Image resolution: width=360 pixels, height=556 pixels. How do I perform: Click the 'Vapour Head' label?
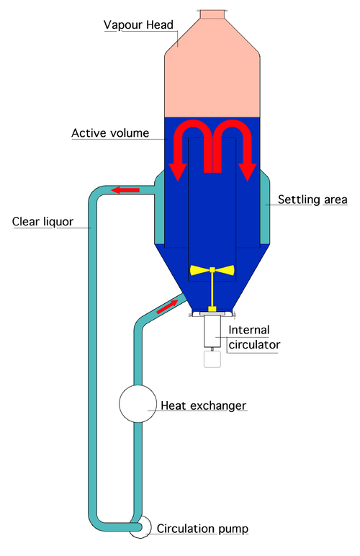click(138, 24)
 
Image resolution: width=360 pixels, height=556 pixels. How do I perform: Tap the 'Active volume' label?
click(110, 133)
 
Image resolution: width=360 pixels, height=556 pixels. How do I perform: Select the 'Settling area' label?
click(312, 199)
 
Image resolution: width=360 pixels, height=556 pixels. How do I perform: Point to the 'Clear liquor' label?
click(42, 222)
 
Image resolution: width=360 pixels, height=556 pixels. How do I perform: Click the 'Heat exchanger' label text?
click(203, 405)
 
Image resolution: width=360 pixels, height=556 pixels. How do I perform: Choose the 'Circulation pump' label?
click(202, 529)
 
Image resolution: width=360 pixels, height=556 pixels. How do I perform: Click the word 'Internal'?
click(249, 330)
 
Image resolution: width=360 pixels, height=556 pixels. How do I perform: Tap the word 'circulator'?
click(254, 345)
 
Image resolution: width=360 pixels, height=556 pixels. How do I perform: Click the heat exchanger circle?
click(138, 403)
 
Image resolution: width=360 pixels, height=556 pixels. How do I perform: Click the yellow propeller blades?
click(212, 270)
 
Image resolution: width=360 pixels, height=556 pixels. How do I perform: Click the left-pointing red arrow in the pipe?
click(125, 190)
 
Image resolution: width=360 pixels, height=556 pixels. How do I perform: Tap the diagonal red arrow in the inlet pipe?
click(167, 306)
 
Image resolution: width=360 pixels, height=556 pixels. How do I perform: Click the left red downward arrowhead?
click(177, 172)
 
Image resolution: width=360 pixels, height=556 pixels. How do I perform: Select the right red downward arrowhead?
click(248, 172)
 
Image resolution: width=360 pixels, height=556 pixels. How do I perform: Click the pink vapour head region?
click(212, 71)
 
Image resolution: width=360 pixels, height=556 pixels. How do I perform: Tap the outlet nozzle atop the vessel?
click(212, 14)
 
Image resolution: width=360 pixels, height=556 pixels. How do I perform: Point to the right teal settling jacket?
click(265, 207)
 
